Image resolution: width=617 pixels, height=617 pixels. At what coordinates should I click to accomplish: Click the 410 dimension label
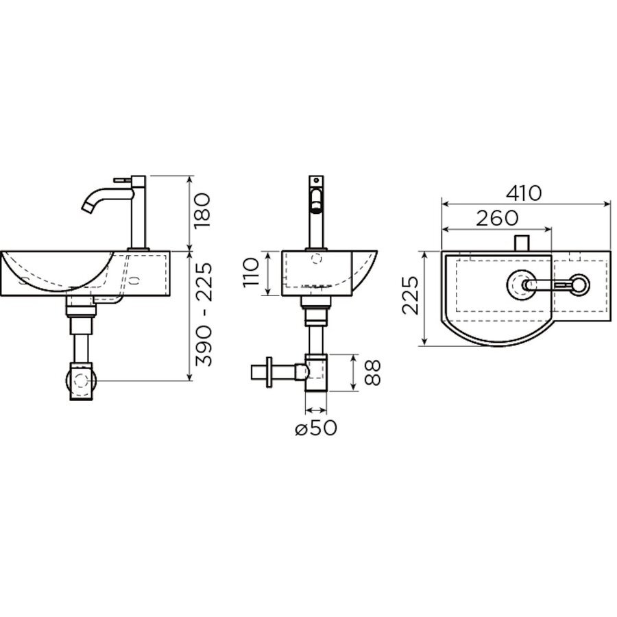525,193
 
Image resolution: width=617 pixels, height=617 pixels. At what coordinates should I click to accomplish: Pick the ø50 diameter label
316,428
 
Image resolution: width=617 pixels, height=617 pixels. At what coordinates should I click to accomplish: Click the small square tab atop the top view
522,242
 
